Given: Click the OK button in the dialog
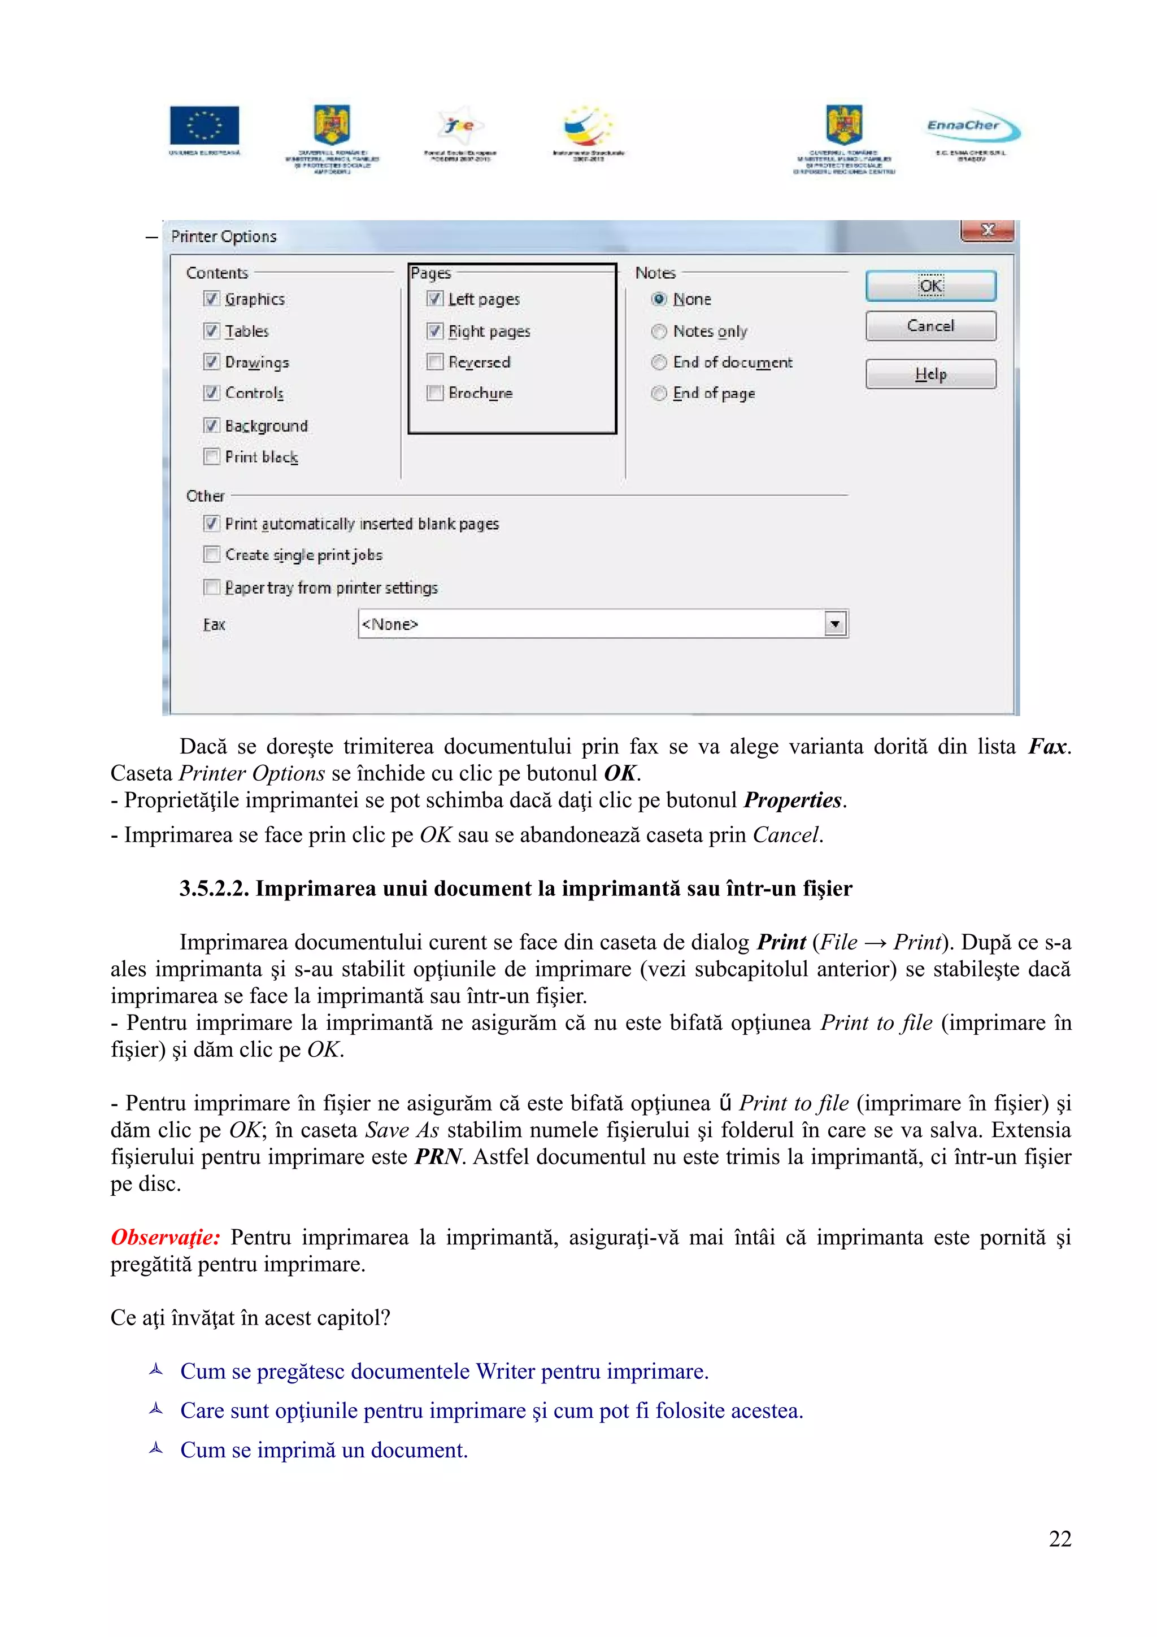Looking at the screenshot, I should click(x=930, y=286).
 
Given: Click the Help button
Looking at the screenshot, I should click(x=930, y=373).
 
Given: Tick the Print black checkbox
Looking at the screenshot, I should click(x=212, y=456).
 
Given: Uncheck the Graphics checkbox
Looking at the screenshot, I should click(x=212, y=299).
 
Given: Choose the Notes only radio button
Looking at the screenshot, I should click(x=659, y=332).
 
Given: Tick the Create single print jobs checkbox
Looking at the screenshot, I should click(x=212, y=555).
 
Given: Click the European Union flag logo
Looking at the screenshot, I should click(x=205, y=125).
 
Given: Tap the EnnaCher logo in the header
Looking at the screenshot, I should click(x=972, y=128).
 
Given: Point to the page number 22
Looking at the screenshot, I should click(x=1059, y=1539).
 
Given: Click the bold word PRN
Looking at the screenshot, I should click(x=438, y=1156).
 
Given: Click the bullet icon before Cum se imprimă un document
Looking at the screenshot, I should click(x=156, y=1448).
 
